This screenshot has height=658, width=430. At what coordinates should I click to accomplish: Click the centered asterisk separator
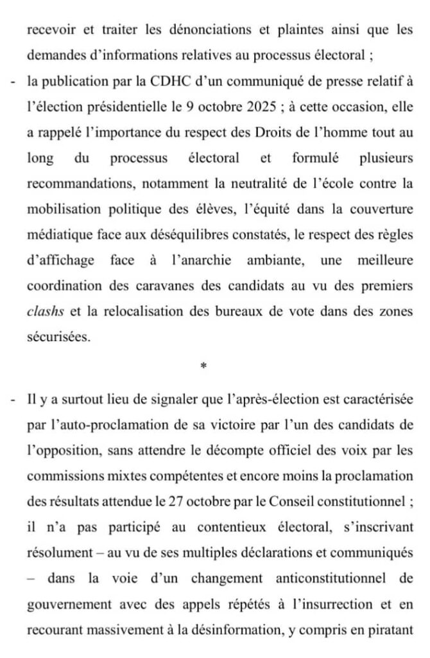[x=203, y=366]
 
